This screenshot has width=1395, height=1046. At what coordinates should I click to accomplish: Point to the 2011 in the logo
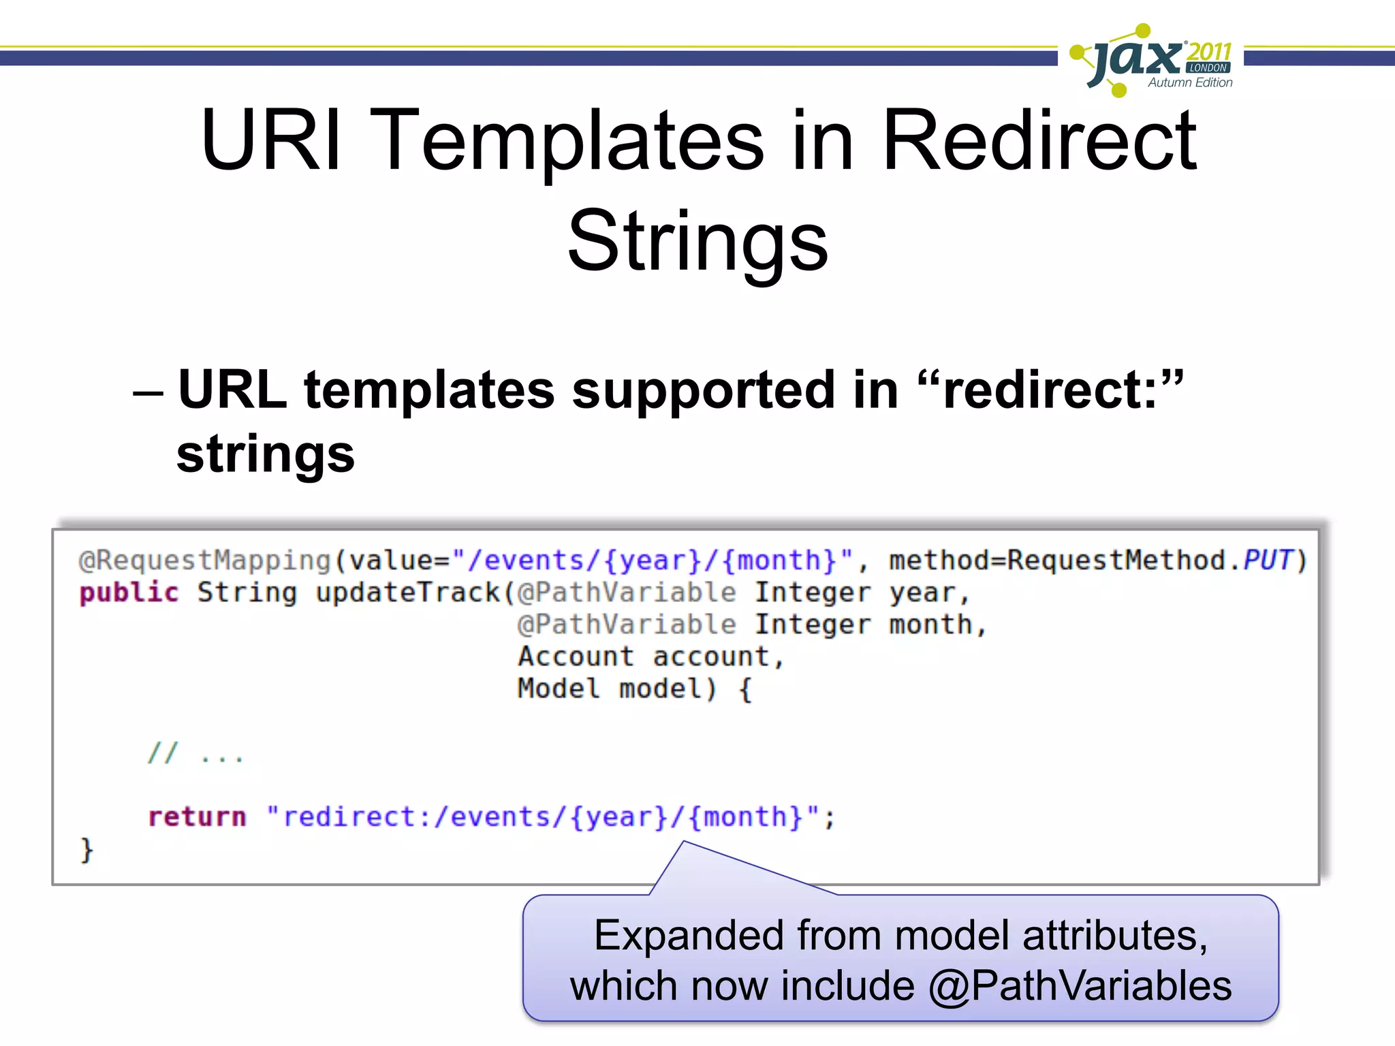1210,51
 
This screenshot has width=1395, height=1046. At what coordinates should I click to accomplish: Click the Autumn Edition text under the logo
1190,82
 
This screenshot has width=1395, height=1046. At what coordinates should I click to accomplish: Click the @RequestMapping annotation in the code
204,560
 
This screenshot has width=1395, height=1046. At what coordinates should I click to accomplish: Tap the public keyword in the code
129,592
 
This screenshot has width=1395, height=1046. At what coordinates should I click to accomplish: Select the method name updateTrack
407,592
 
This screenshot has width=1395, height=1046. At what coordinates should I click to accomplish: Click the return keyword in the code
197,817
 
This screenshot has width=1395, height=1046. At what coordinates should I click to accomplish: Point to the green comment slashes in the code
163,753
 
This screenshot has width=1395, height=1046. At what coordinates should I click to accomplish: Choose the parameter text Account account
651,656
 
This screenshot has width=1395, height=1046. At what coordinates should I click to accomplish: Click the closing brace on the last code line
87,850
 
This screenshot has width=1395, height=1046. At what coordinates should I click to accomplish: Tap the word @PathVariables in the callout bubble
1080,985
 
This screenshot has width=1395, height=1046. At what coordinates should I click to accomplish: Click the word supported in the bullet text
703,390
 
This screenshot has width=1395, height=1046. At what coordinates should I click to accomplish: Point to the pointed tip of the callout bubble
683,842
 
